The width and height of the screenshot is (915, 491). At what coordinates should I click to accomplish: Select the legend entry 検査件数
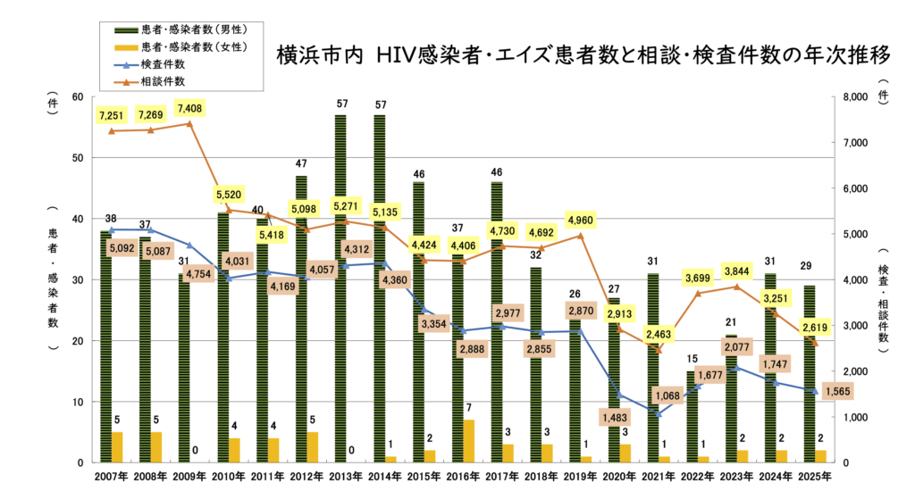point(168,64)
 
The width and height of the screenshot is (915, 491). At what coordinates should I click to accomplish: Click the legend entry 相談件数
point(168,81)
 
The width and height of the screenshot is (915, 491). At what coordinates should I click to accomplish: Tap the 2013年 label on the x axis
point(346,476)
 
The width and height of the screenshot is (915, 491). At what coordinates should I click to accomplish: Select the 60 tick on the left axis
point(79,97)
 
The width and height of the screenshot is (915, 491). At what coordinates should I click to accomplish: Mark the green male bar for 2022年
point(692,417)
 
